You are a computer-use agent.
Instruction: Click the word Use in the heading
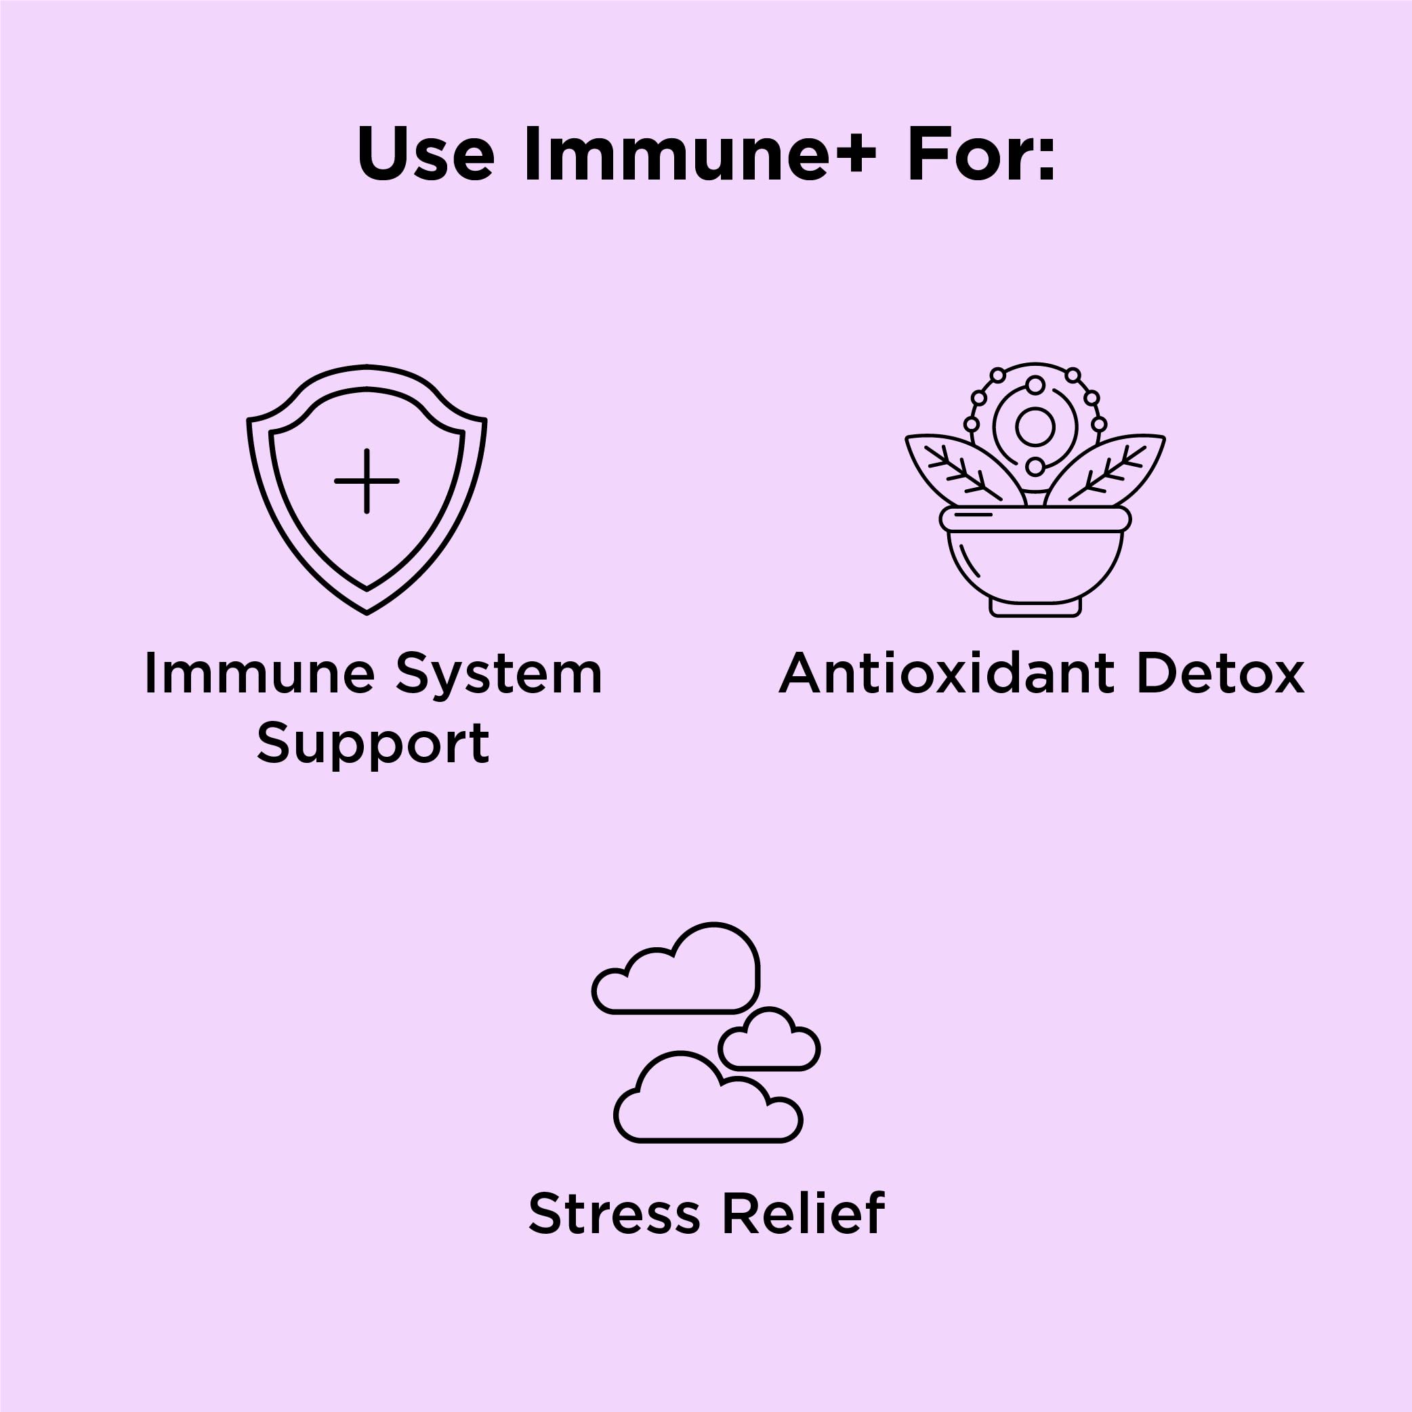click(425, 156)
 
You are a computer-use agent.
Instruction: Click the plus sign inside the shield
click(367, 481)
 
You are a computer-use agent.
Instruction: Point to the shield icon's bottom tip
click(367, 611)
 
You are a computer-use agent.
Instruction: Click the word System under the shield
click(499, 674)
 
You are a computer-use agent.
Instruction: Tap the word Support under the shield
click(373, 744)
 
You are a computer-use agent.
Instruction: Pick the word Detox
click(1220, 674)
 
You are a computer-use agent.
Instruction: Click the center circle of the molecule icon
click(1035, 426)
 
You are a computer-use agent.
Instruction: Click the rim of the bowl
click(1035, 519)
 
